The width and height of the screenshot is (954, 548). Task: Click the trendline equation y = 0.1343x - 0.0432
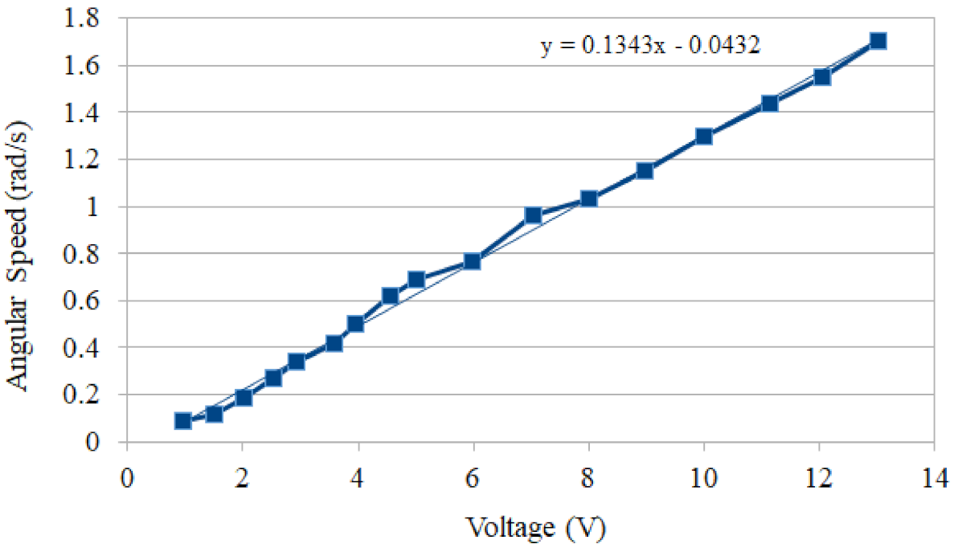coord(650,46)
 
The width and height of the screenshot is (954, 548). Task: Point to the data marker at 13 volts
coord(878,41)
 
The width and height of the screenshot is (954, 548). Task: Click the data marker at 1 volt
coord(183,420)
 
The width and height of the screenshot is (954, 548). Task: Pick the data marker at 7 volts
coord(532,215)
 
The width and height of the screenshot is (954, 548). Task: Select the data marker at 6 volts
coord(473,261)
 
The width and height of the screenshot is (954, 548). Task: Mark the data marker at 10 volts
coord(704,136)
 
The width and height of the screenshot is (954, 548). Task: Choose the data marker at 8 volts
coord(589,198)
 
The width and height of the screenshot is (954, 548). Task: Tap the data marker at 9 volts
coord(645,170)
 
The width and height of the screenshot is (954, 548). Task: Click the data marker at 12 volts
coord(821,77)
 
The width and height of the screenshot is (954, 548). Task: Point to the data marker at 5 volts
coord(416,280)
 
